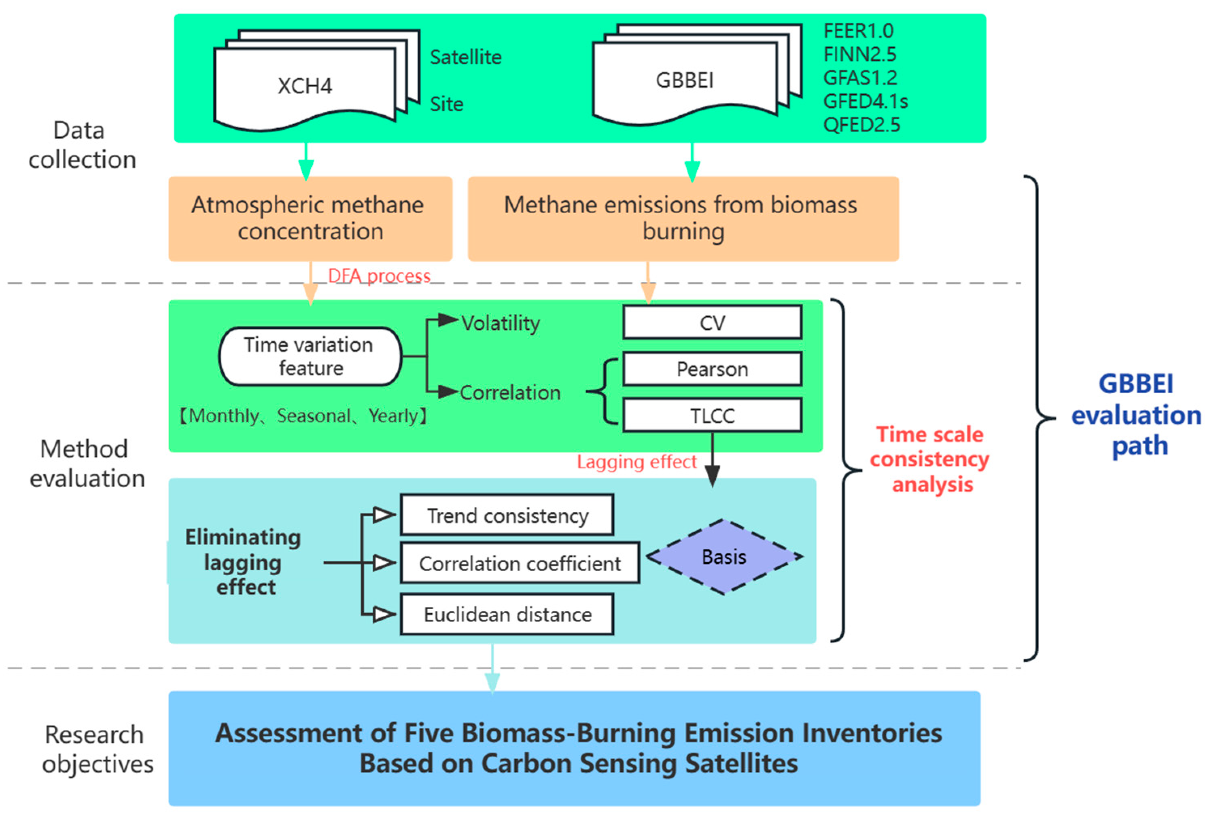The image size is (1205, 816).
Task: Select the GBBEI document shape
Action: click(x=684, y=81)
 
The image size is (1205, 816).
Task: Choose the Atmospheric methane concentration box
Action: click(x=310, y=218)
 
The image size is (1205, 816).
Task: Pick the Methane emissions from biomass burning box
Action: click(x=683, y=218)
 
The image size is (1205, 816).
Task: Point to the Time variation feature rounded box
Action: click(x=310, y=356)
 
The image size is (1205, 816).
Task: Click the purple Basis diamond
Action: click(x=724, y=557)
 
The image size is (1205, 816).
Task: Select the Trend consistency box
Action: click(x=507, y=515)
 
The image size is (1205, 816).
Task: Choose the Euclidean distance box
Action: click(x=507, y=615)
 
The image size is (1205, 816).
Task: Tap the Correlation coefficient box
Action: click(x=520, y=563)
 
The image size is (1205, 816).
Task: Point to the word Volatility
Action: click(x=501, y=323)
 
